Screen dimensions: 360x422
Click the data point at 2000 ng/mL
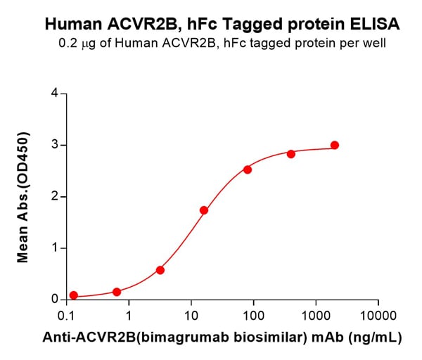click(335, 146)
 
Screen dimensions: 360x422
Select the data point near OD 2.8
click(291, 154)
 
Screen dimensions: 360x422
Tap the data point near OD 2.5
click(248, 169)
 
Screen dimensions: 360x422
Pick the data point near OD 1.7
click(204, 210)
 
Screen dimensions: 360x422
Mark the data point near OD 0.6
click(160, 270)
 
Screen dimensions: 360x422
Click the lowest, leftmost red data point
click(74, 295)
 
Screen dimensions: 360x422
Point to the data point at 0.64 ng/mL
click(117, 292)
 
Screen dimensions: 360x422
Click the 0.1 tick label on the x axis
click(68, 314)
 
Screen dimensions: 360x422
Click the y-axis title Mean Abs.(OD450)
click(23, 196)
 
